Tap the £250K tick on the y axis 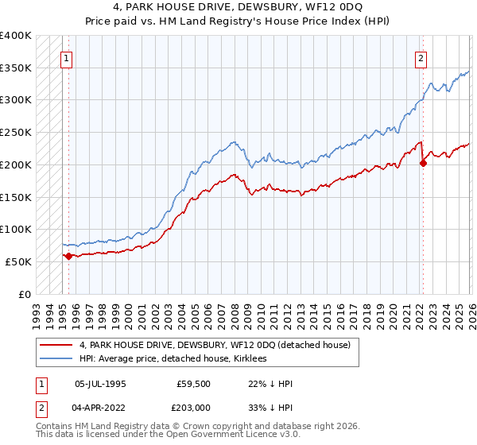tap(16, 132)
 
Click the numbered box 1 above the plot tap(67, 57)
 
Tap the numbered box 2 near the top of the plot tap(421, 57)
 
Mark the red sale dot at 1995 tap(68, 256)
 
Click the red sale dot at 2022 tap(422, 163)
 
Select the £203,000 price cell tap(192, 409)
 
